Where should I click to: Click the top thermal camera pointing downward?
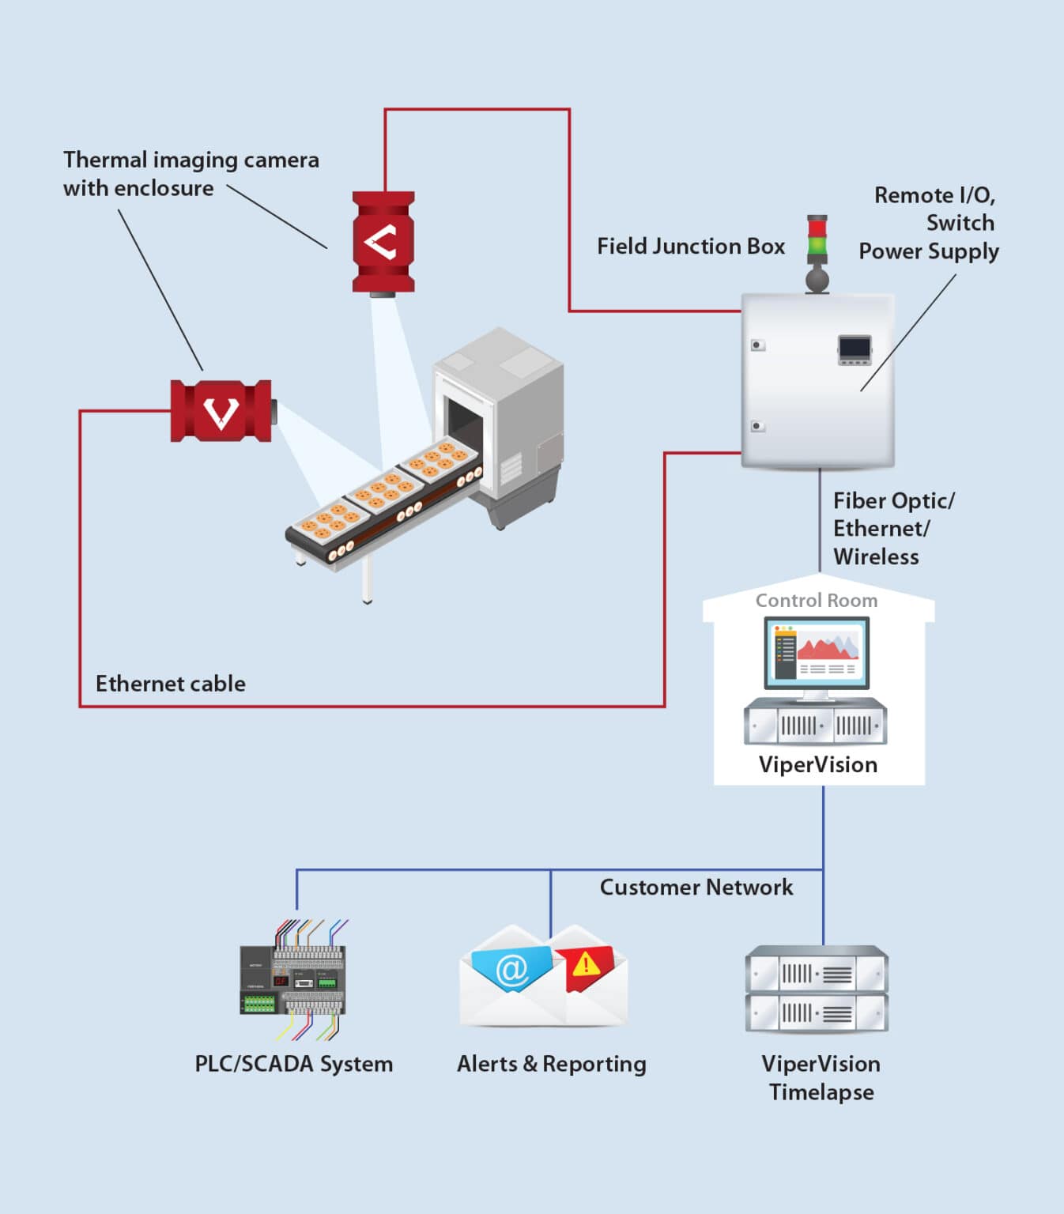pyautogui.click(x=383, y=242)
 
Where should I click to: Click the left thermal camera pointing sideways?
pyautogui.click(x=221, y=411)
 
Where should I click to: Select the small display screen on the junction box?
pyautogui.click(x=855, y=349)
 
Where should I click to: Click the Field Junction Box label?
pyautogui.click(x=690, y=247)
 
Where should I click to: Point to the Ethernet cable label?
pyautogui.click(x=170, y=684)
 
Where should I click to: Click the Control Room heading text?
pyautogui.click(x=816, y=601)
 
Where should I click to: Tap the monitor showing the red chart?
pyautogui.click(x=817, y=654)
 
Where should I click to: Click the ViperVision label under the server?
pyautogui.click(x=817, y=765)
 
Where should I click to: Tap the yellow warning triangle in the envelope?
pyautogui.click(x=586, y=964)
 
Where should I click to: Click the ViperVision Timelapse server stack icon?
pyautogui.click(x=817, y=990)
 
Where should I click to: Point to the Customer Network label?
pyautogui.click(x=696, y=888)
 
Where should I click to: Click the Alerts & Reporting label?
pyautogui.click(x=551, y=1065)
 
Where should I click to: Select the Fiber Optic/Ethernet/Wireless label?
pyautogui.click(x=892, y=529)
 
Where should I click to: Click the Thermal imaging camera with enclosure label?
pyautogui.click(x=191, y=174)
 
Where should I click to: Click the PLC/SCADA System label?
pyautogui.click(x=293, y=1065)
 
